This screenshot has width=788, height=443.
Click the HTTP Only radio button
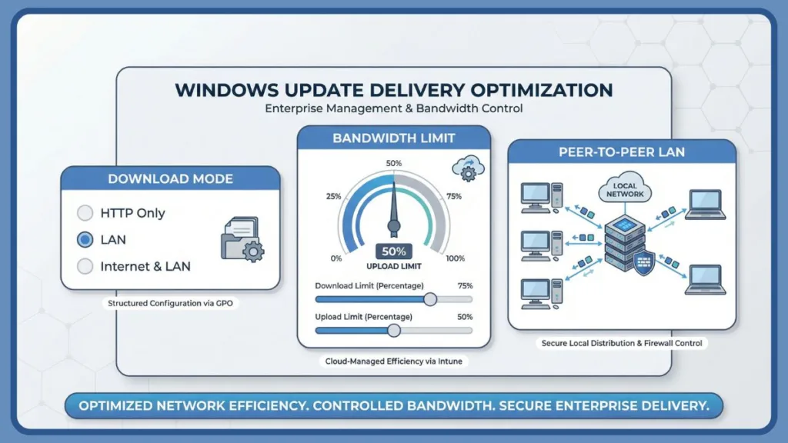[x=85, y=213]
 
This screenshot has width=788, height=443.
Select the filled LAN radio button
[x=85, y=240]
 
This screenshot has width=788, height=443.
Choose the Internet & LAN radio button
[x=85, y=267]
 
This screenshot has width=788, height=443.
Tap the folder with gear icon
[x=241, y=239]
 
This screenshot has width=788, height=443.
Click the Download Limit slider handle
[x=430, y=299]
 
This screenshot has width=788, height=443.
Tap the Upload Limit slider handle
[x=394, y=330]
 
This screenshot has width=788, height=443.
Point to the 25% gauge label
[x=333, y=196]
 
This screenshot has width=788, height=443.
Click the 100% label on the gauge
[x=455, y=258]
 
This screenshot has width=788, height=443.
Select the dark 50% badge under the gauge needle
[x=394, y=251]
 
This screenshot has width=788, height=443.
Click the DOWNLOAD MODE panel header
[x=170, y=179]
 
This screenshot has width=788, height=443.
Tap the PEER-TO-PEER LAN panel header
[x=622, y=152]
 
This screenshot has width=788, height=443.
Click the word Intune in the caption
[x=453, y=361]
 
